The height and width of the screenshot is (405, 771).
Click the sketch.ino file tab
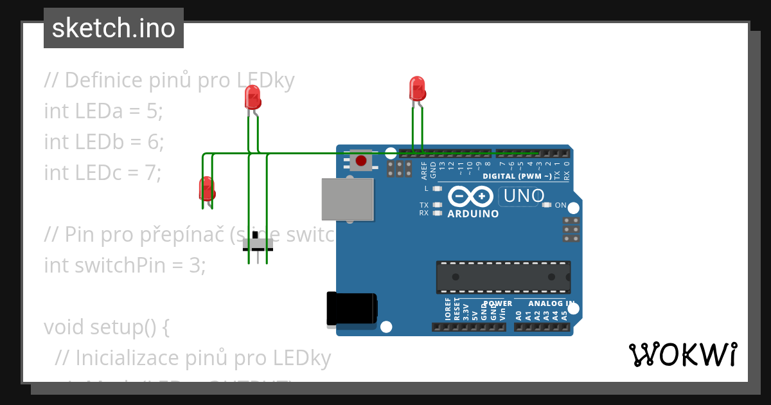point(114,28)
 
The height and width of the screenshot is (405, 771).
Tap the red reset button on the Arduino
point(361,160)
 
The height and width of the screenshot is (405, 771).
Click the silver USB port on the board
point(348,199)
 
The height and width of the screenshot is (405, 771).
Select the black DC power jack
point(351,309)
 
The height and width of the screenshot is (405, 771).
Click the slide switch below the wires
point(258,245)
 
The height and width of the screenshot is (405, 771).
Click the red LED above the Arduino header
point(417,88)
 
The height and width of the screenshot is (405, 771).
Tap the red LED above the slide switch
point(253,98)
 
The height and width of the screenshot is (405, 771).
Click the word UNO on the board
point(524,195)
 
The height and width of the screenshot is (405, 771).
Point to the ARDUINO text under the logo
point(473,214)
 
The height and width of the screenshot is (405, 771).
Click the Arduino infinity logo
point(471,196)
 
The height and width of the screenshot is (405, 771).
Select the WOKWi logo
point(682,354)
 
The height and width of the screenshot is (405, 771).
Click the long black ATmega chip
point(503,276)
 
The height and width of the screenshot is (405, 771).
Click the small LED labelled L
point(438,189)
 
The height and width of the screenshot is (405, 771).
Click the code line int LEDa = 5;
point(103,111)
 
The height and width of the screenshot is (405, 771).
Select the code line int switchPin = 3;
point(125,265)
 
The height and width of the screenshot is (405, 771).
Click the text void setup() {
point(106,327)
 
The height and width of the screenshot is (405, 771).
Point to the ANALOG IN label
point(551,303)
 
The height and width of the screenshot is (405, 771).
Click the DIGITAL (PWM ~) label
point(517,176)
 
